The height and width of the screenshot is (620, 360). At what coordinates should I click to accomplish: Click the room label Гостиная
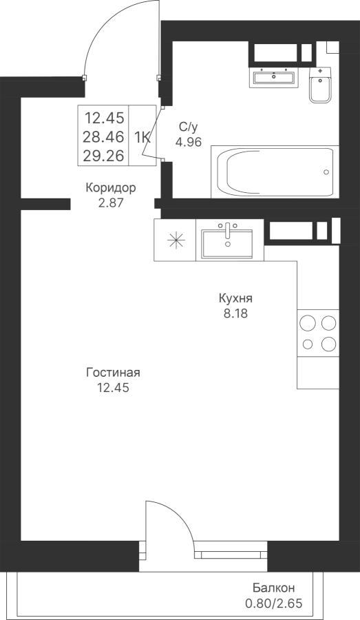114,373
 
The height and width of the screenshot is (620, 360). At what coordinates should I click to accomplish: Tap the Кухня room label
235,298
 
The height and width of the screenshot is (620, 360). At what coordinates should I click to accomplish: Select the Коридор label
111,187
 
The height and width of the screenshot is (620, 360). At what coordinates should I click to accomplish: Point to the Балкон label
274,588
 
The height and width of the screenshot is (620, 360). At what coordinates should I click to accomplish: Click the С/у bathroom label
188,127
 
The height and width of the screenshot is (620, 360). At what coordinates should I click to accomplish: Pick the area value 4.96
189,141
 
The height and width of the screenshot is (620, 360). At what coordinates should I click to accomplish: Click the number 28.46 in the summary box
103,137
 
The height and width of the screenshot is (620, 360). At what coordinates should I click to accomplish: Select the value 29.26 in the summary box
103,156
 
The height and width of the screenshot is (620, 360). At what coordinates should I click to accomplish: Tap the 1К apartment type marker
142,138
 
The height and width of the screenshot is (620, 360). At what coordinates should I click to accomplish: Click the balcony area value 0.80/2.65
274,603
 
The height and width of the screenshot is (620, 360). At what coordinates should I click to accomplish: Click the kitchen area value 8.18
235,314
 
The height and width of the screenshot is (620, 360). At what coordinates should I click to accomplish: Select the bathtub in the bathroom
275,172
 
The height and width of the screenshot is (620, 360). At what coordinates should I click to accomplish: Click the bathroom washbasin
274,76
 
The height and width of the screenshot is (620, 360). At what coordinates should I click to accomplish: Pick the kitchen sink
227,241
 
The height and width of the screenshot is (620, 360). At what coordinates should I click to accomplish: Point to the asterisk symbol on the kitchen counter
176,241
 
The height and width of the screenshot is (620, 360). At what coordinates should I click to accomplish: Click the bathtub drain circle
326,172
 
